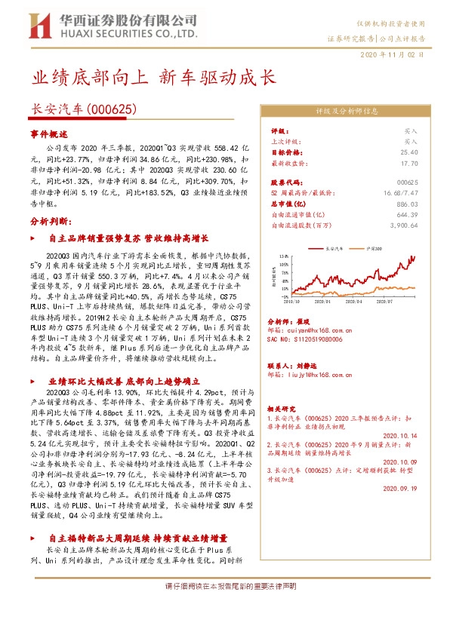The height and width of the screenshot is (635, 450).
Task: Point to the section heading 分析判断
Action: pos(51,222)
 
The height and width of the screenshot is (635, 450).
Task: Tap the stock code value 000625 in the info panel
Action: pos(407,183)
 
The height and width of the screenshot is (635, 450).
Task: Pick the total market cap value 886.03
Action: pos(406,204)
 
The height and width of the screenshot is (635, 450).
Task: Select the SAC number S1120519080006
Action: pos(310,340)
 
